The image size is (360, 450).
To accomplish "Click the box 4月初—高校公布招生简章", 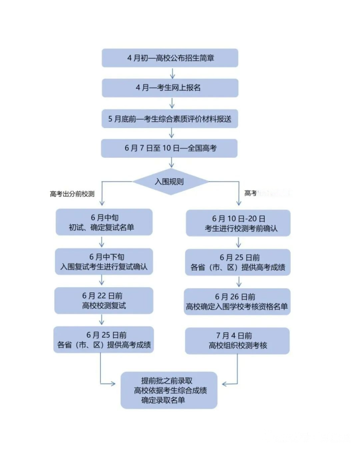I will pyautogui.click(x=170, y=58).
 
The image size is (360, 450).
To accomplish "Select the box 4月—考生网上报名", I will pyautogui.click(x=170, y=87).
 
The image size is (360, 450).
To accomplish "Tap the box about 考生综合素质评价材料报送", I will pyautogui.click(x=170, y=119).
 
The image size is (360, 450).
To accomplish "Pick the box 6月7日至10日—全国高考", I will pyautogui.click(x=169, y=148).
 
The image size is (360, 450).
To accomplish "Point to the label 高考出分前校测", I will pyautogui.click(x=72, y=194).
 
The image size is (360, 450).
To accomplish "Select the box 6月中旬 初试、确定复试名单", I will pyautogui.click(x=104, y=222).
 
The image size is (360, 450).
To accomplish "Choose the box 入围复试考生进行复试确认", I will pyautogui.click(x=104, y=262).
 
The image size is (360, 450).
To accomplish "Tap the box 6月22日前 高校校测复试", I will pyautogui.click(x=104, y=300).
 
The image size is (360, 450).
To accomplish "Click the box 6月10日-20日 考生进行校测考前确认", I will pyautogui.click(x=238, y=223).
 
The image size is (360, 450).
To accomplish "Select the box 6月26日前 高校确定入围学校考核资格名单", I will pyautogui.click(x=237, y=302).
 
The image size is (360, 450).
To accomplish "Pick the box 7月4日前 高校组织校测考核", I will pyautogui.click(x=237, y=341).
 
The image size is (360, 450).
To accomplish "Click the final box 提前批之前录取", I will pyautogui.click(x=169, y=390).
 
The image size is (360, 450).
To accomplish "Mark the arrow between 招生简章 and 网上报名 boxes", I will pyautogui.click(x=172, y=73).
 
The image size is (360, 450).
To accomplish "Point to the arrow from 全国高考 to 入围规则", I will pyautogui.click(x=172, y=163).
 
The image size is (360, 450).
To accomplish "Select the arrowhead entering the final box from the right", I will pyautogui.click(x=224, y=384).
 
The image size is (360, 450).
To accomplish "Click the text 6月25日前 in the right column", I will pyautogui.click(x=240, y=257).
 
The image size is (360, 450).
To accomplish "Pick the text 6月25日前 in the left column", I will pyautogui.click(x=106, y=335).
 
